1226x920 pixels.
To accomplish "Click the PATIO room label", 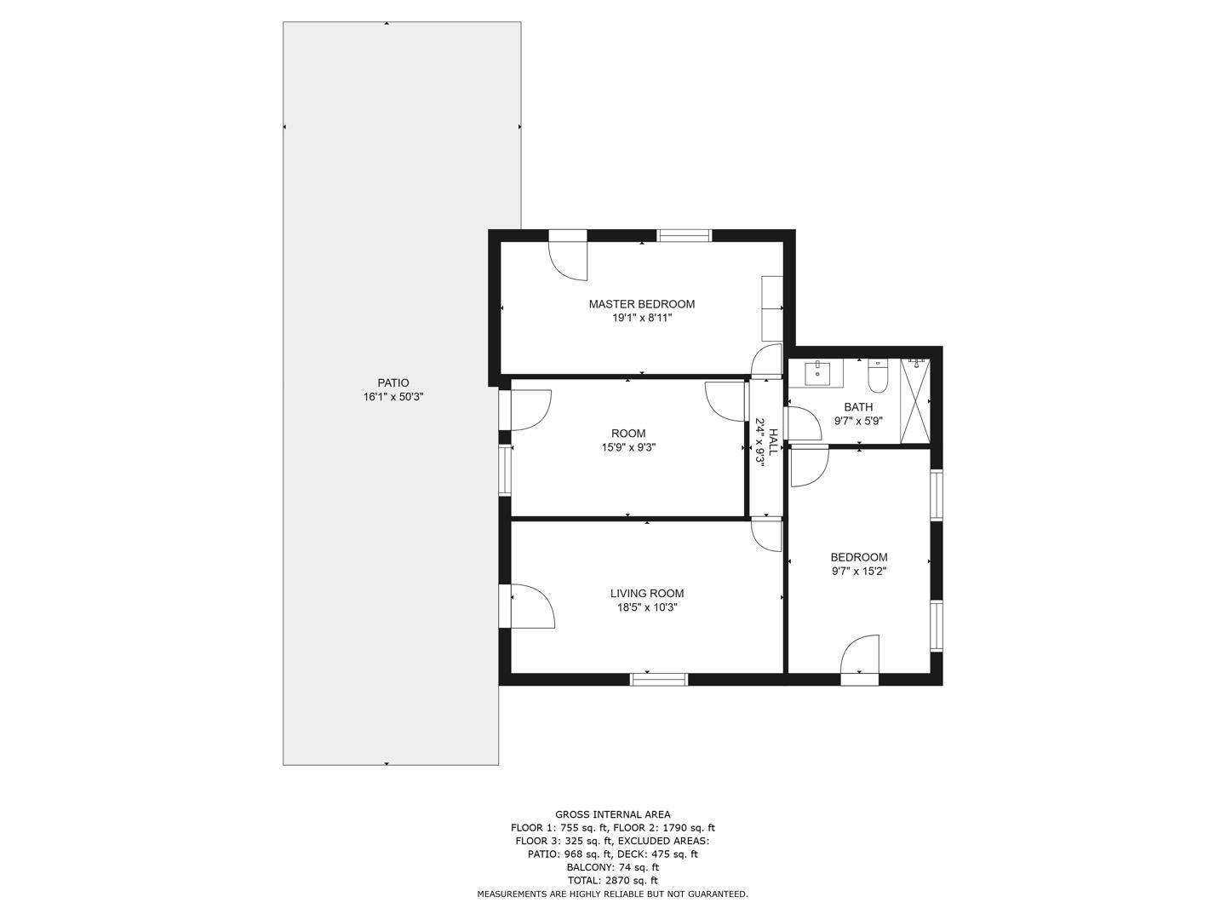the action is [392, 382].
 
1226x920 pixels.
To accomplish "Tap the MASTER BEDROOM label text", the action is [642, 304].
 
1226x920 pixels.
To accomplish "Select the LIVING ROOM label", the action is [647, 593].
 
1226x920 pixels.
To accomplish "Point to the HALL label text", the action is [772, 441].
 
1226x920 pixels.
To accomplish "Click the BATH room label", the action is [858, 406].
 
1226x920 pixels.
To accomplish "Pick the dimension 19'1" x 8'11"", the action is [642, 319].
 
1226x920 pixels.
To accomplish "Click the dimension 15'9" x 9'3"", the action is [628, 447].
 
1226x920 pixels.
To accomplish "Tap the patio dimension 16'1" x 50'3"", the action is [393, 397].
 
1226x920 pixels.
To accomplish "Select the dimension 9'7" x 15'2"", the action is [858, 571].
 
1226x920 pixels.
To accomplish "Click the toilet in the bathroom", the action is [878, 376].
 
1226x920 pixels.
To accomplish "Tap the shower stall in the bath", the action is [915, 401].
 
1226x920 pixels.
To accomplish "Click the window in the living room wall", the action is [658, 679].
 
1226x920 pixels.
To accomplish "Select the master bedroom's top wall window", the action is [685, 235].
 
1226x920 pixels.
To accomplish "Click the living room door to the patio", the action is [526, 606].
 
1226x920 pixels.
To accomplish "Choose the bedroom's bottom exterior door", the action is [860, 659].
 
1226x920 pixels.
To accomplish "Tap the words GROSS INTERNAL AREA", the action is [613, 814].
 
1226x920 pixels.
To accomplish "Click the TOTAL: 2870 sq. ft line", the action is [613, 880].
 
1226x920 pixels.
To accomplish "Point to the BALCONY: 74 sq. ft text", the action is [613, 867].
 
